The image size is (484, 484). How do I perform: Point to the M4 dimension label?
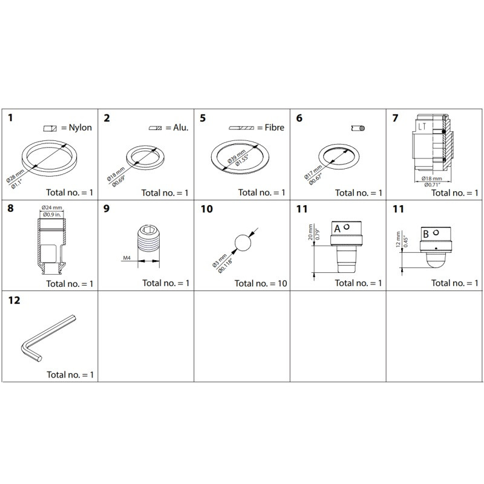coord(128,258)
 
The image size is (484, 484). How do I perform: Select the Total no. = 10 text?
coord(260,283)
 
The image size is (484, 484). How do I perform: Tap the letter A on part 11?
coord(338,228)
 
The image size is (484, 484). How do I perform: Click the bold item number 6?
coord(299,118)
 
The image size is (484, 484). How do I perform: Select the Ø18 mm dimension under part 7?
coord(430,178)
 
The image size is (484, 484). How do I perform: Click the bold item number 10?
coord(206,209)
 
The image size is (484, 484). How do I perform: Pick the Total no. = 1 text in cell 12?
coord(71,374)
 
